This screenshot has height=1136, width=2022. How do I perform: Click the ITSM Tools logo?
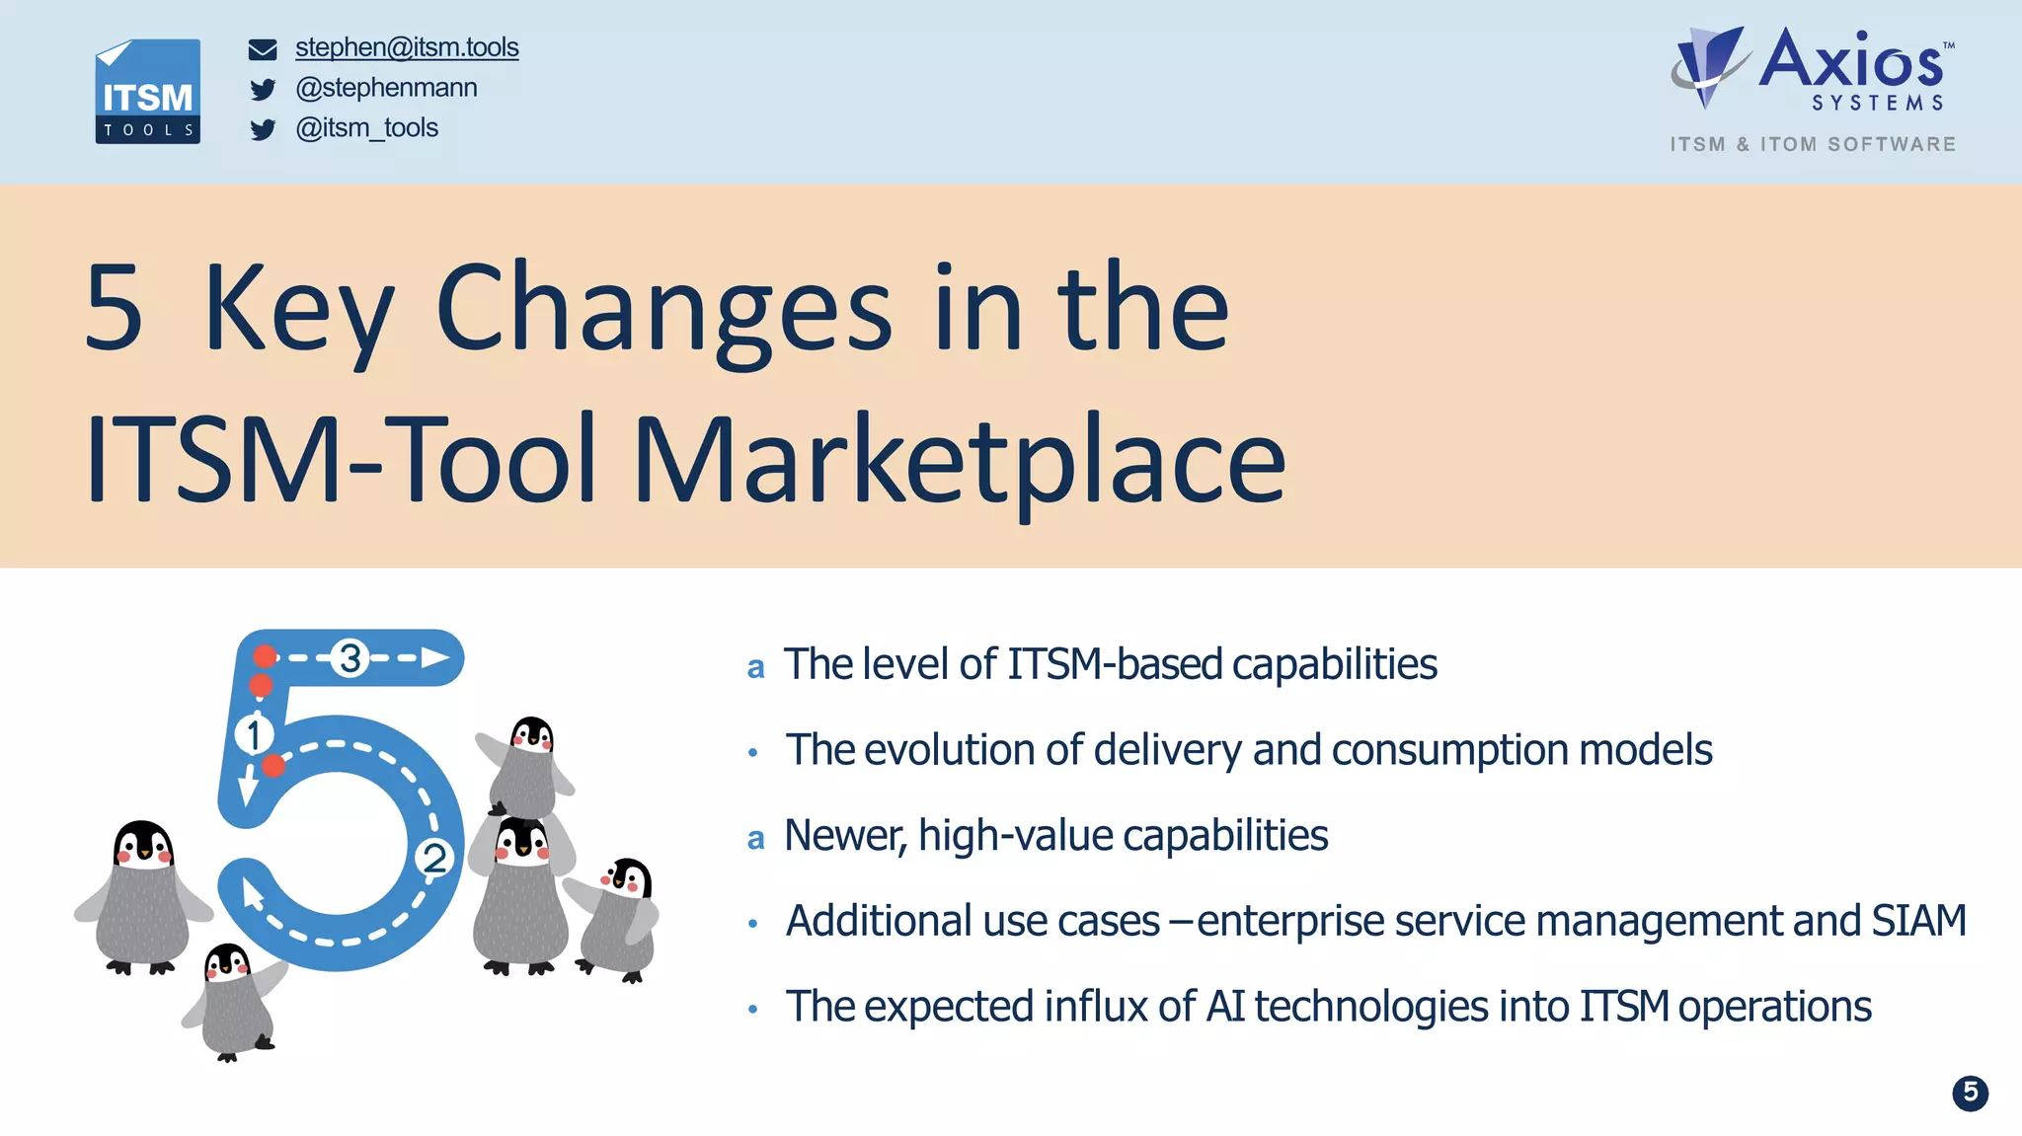[x=148, y=92]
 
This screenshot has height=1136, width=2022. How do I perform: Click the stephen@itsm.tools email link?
[x=406, y=47]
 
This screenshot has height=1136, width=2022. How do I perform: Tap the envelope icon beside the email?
[x=263, y=49]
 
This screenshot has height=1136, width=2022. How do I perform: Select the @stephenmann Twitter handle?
[x=386, y=88]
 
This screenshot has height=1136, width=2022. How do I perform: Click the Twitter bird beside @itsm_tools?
[x=263, y=129]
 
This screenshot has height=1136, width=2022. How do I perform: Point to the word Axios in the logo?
[x=1851, y=61]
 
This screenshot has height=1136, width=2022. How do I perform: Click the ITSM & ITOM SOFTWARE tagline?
[x=1813, y=144]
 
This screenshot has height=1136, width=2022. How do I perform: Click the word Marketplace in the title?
[x=958, y=460]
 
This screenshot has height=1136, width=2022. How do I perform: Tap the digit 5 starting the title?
[x=114, y=308]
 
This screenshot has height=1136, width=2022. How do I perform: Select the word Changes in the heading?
[x=663, y=308]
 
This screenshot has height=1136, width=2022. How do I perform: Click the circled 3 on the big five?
[x=350, y=657]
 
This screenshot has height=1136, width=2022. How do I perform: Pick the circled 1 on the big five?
[x=254, y=734]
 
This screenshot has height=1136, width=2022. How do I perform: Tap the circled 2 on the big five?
[x=434, y=857]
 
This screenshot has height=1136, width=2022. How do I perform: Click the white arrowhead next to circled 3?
[x=434, y=657]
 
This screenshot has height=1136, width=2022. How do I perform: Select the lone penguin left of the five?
[x=143, y=893]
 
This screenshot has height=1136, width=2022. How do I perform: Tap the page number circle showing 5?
[x=1970, y=1093]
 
